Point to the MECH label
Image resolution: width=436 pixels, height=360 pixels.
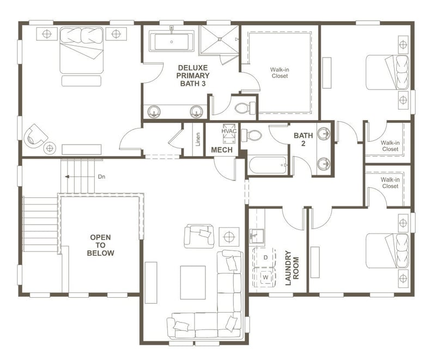pos(222,149)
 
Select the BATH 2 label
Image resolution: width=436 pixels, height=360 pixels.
pos(303,139)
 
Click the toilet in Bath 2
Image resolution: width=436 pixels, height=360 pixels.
pos(252,135)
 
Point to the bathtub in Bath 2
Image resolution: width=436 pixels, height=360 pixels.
pos(268,165)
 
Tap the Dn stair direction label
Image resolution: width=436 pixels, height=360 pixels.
pos(101,177)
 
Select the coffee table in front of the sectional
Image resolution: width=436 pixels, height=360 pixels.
pos(193,282)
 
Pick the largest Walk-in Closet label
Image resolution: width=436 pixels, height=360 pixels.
pos(280,73)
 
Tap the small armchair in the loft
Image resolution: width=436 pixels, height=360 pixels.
pos(197,236)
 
